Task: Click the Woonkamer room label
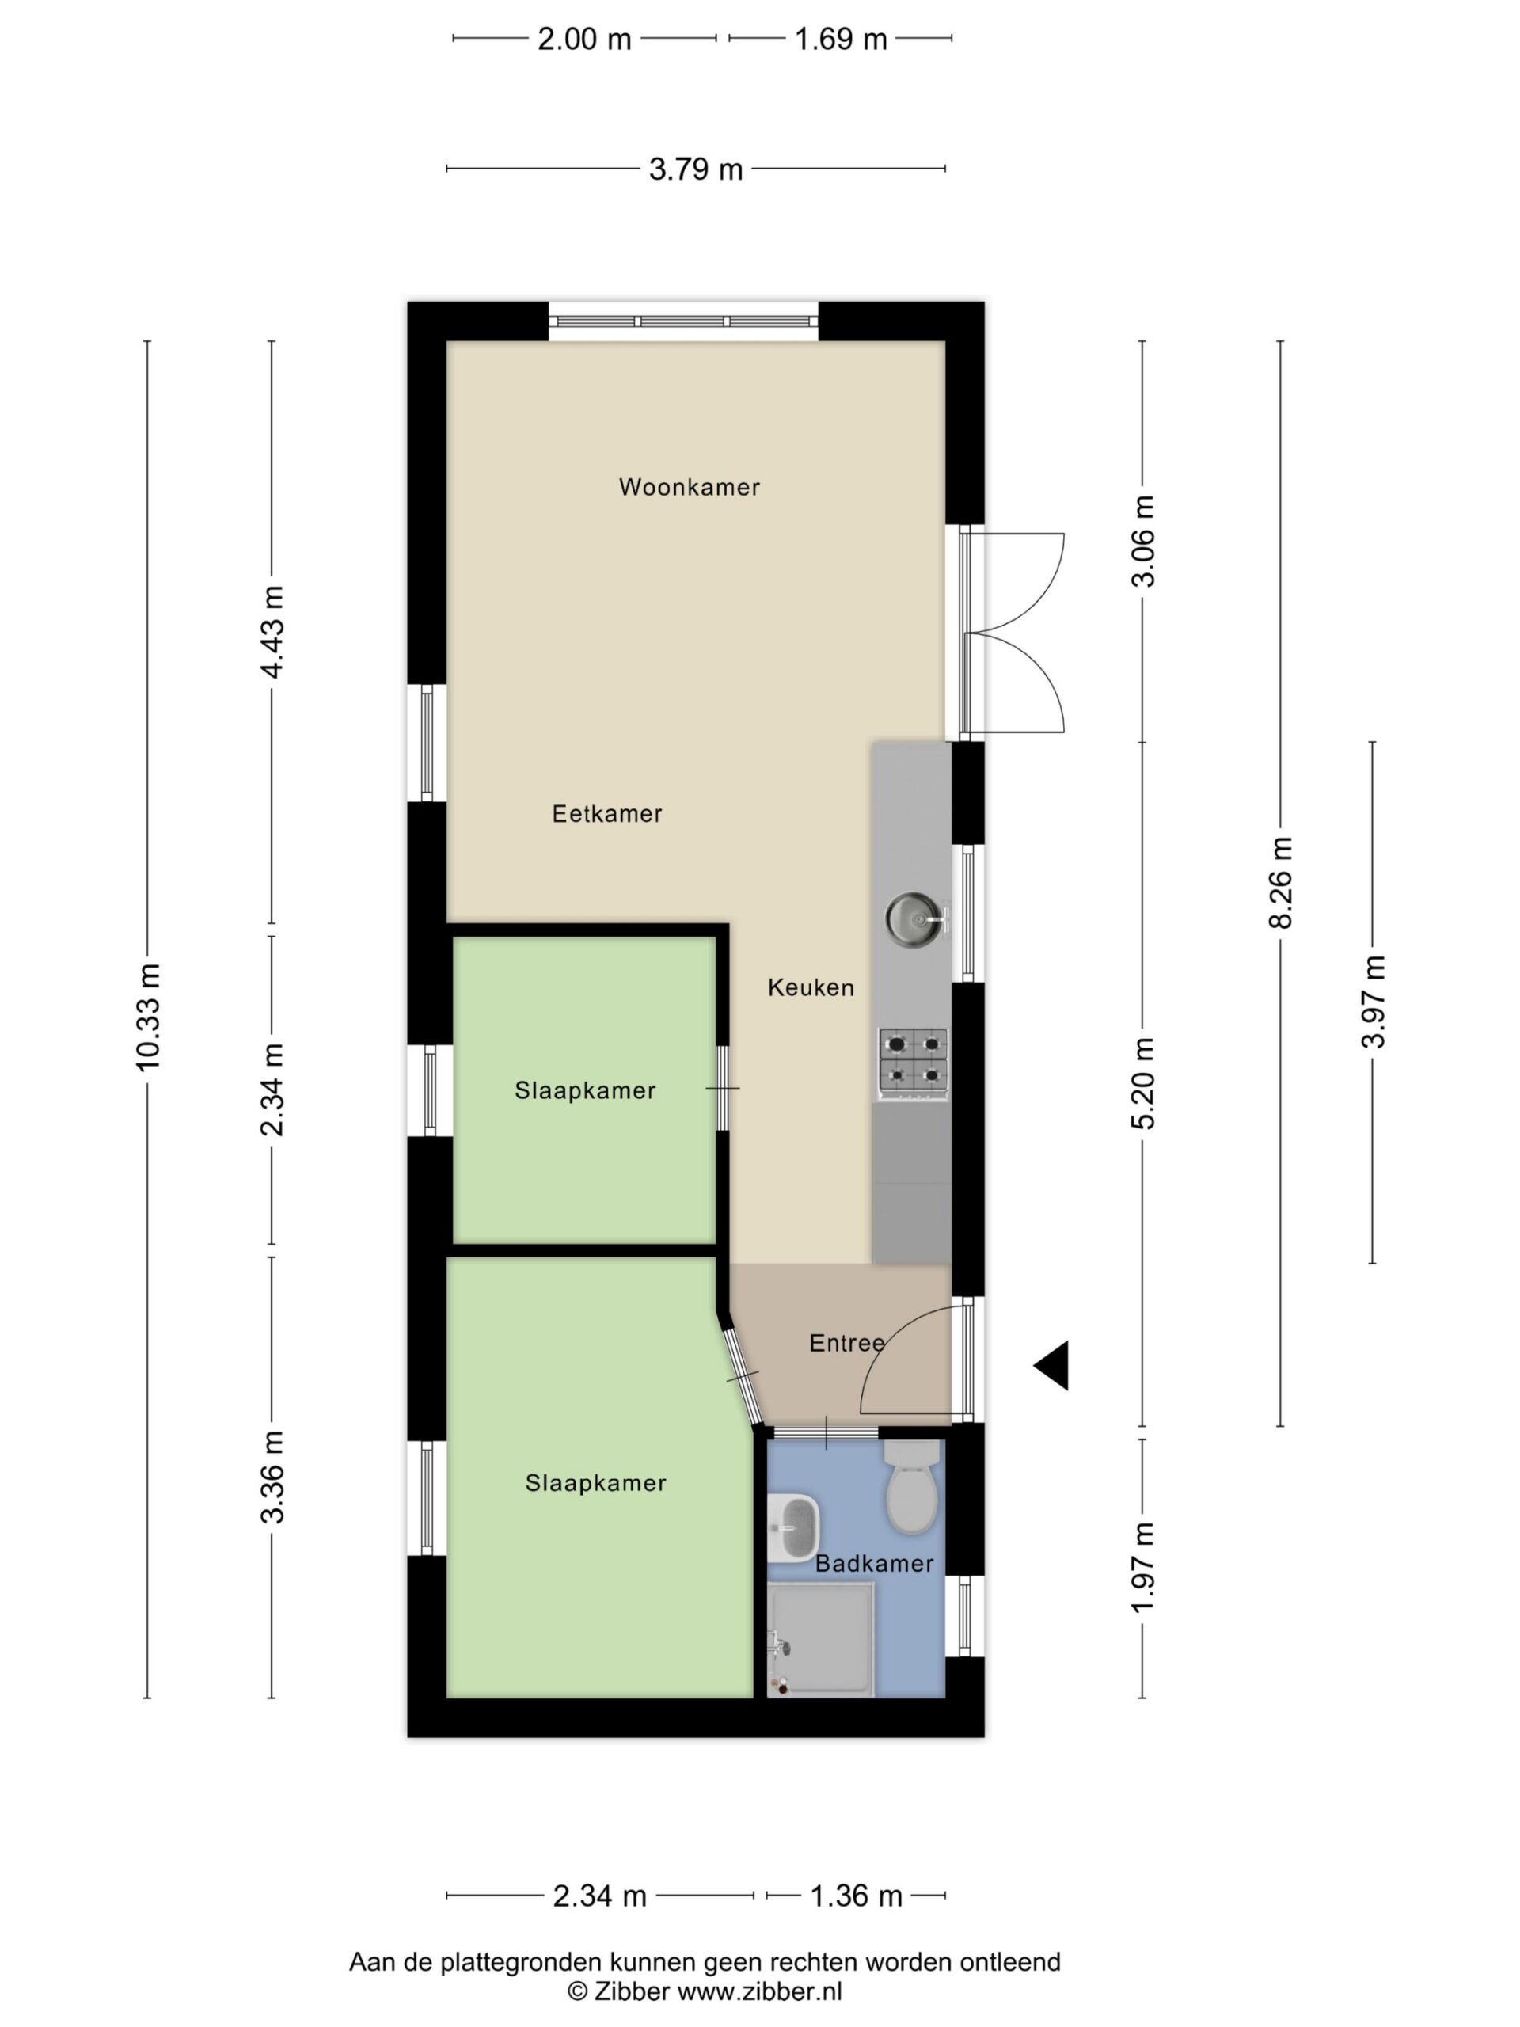coord(689,487)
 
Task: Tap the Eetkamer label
coord(606,813)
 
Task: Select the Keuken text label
coord(811,987)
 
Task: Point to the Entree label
coord(846,1342)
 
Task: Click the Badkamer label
coord(874,1562)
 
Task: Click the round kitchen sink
coord(914,916)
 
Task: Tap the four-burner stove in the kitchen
coord(913,1063)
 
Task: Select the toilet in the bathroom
coord(913,1486)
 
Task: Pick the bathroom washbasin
coord(792,1527)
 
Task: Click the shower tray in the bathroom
coord(821,1638)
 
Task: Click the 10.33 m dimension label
coord(147,1017)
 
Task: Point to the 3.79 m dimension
coord(695,169)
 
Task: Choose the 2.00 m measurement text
coord(584,40)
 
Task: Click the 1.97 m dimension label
coord(1142,1568)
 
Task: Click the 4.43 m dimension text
coord(272,631)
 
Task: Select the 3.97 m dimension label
coord(1373,1002)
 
